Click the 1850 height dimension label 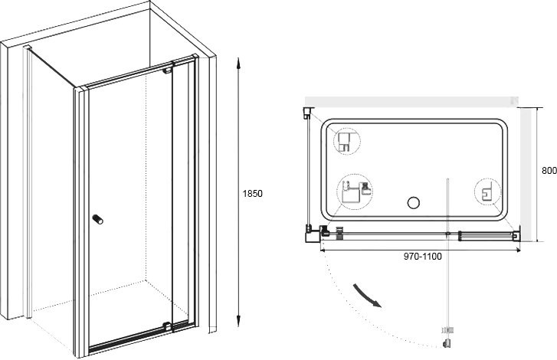pyautogui.click(x=252, y=194)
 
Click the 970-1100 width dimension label pyautogui.click(x=423, y=257)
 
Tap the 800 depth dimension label pyautogui.click(x=549, y=170)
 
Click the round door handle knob pyautogui.click(x=98, y=219)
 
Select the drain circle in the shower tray pyautogui.click(x=414, y=203)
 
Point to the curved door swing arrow pyautogui.click(x=367, y=296)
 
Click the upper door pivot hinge pyautogui.click(x=167, y=70)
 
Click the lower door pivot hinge pyautogui.click(x=167, y=326)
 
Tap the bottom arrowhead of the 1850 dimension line pyautogui.click(x=239, y=321)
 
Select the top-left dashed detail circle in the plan pyautogui.click(x=347, y=141)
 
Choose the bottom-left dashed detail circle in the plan pyautogui.click(x=355, y=192)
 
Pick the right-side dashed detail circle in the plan pyautogui.click(x=487, y=192)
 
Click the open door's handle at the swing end pyautogui.click(x=447, y=337)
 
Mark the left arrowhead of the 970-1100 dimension pyautogui.click(x=323, y=250)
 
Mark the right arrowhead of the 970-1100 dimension pyautogui.click(x=518, y=250)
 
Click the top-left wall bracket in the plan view pyautogui.click(x=308, y=113)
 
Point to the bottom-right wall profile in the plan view pyautogui.click(x=516, y=234)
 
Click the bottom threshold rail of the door pyautogui.click(x=129, y=338)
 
